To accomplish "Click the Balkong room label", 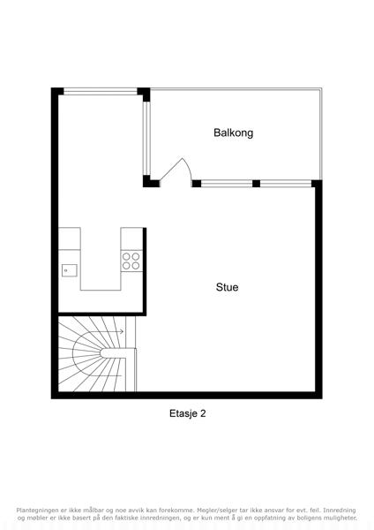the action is click(x=233, y=132).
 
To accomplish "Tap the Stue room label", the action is click(x=227, y=287).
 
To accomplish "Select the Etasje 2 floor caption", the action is click(x=187, y=413).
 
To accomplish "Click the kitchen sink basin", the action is click(x=69, y=270).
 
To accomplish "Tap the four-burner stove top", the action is click(x=131, y=261).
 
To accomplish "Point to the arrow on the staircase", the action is click(x=108, y=332).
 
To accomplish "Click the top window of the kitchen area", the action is click(x=101, y=91).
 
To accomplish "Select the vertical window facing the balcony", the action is click(x=146, y=139).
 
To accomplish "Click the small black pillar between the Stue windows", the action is click(x=256, y=184).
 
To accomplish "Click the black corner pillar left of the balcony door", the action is click(x=151, y=181).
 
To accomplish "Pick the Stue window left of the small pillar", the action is click(x=227, y=184).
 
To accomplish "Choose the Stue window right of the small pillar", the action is click(x=286, y=184).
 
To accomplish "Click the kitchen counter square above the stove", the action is click(x=131, y=239).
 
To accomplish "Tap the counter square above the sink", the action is click(x=70, y=238).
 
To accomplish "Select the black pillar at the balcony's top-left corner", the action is click(x=144, y=94).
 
